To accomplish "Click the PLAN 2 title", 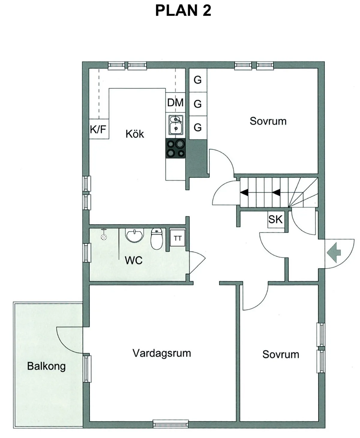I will (x=183, y=10).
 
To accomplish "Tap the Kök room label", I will (x=135, y=134).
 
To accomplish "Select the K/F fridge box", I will (x=98, y=130).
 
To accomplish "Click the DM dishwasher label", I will (x=175, y=103).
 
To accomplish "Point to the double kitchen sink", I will (x=175, y=124).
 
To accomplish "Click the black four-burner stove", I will (x=175, y=149).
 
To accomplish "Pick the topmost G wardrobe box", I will (x=197, y=80).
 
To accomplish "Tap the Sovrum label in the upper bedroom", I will (x=268, y=121).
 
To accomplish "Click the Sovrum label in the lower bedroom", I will (x=280, y=354).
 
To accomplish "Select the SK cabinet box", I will (x=275, y=219).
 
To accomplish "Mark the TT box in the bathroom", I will (x=178, y=238).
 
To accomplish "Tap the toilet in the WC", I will (x=156, y=239).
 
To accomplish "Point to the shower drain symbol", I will (x=104, y=237).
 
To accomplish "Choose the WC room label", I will (x=133, y=260).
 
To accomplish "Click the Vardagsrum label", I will (x=162, y=353).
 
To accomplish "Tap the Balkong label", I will (x=46, y=366).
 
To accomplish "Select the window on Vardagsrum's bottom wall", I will (x=171, y=423).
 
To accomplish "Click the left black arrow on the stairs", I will (x=244, y=193).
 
